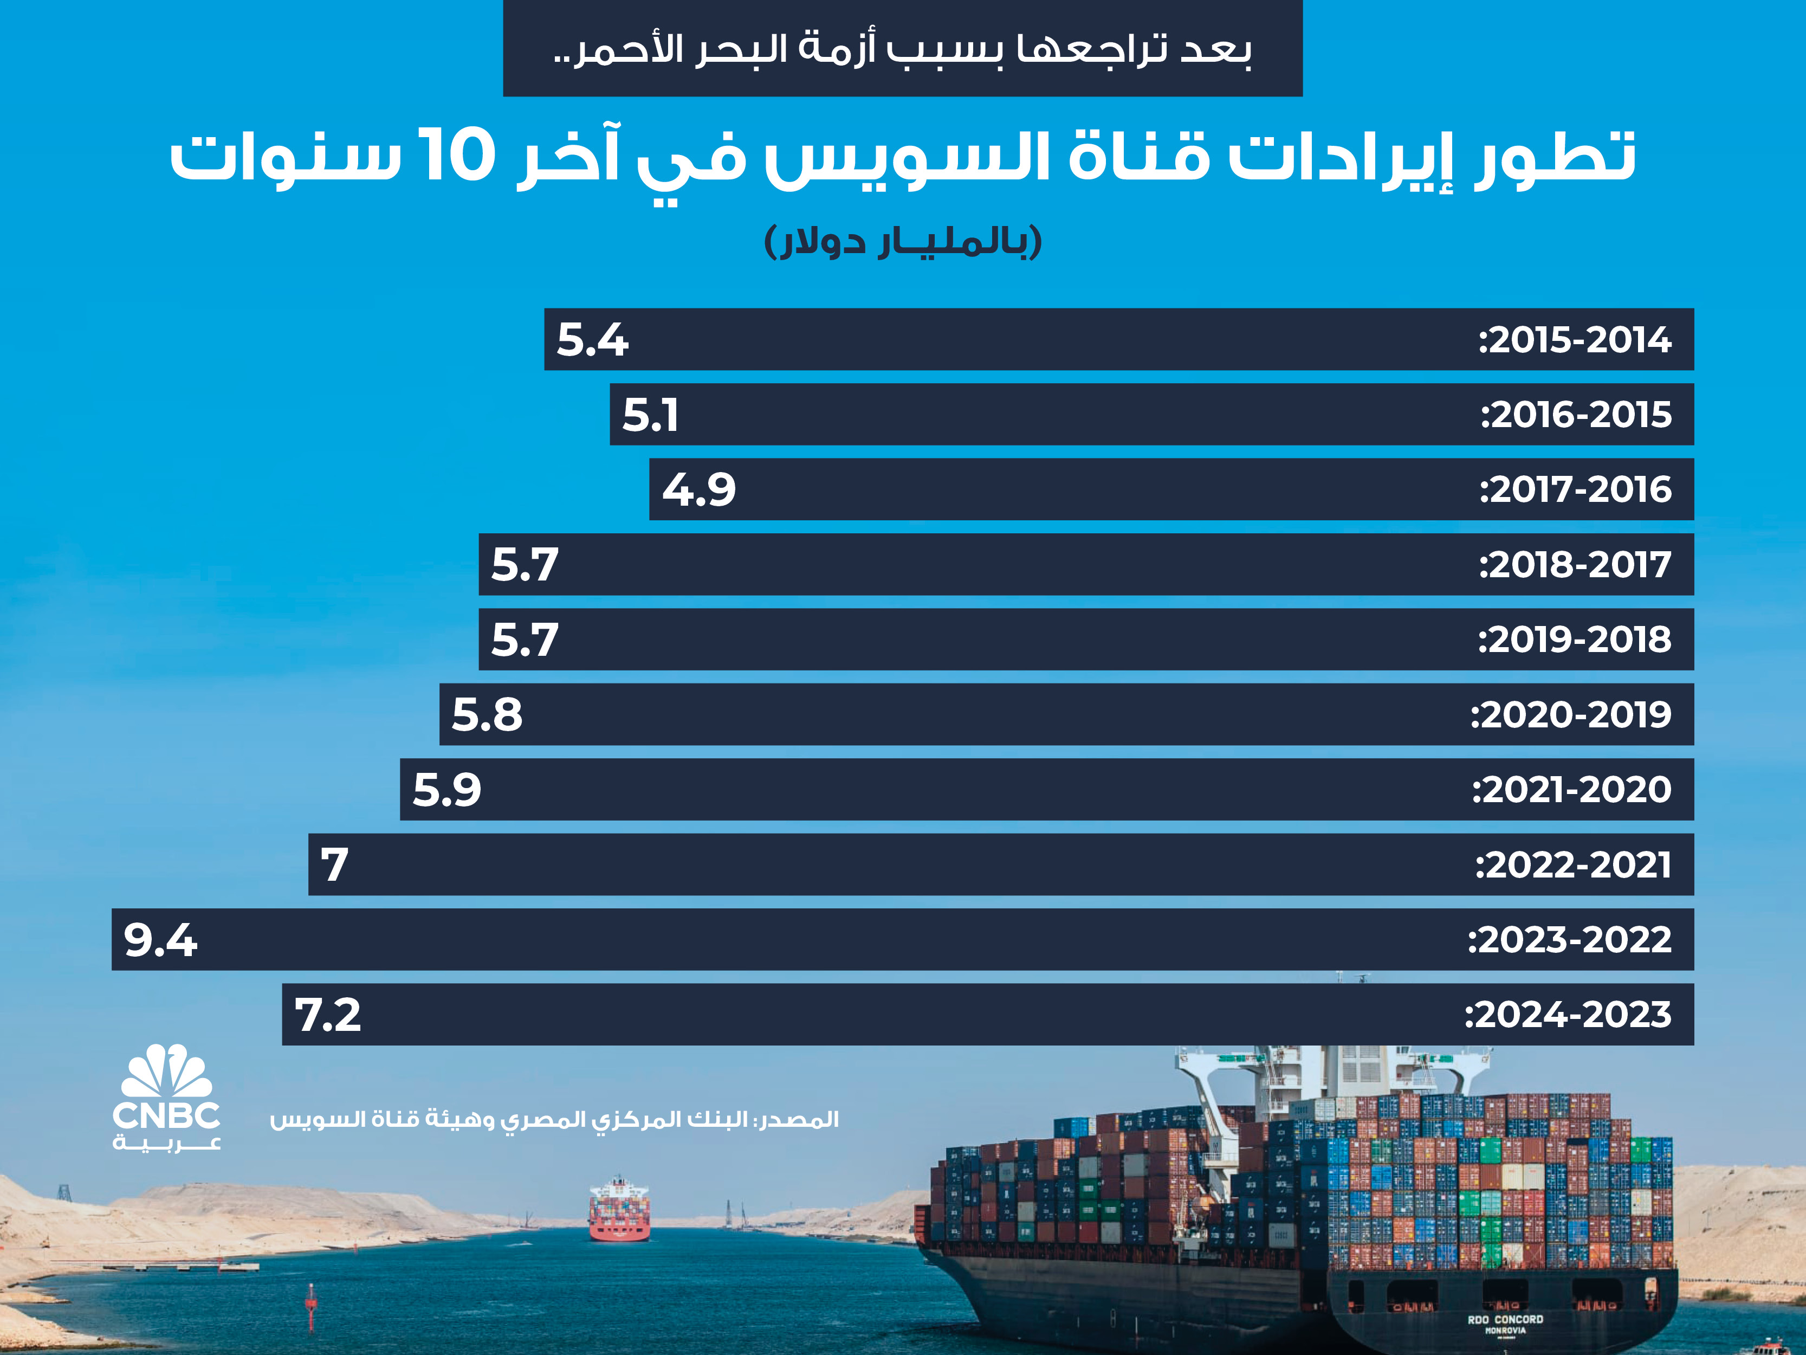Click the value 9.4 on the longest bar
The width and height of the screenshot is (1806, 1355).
[160, 940]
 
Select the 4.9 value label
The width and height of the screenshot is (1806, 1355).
[699, 490]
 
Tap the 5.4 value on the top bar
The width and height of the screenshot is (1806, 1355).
[592, 340]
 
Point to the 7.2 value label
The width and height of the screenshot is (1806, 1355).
[327, 1015]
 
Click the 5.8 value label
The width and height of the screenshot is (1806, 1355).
[487, 715]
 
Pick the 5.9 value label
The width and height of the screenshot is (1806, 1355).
[446, 790]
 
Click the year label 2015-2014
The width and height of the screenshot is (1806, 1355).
[1575, 340]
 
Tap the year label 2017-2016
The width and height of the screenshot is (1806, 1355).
[1576, 490]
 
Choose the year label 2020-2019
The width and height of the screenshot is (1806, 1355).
[1571, 715]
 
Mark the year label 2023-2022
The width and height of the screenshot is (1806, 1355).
[1569, 940]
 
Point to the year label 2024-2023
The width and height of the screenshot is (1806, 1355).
[1568, 1015]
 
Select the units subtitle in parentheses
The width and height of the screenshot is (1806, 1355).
[903, 242]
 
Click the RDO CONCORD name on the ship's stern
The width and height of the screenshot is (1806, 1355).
[1505, 1319]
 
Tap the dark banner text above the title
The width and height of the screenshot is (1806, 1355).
[902, 49]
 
